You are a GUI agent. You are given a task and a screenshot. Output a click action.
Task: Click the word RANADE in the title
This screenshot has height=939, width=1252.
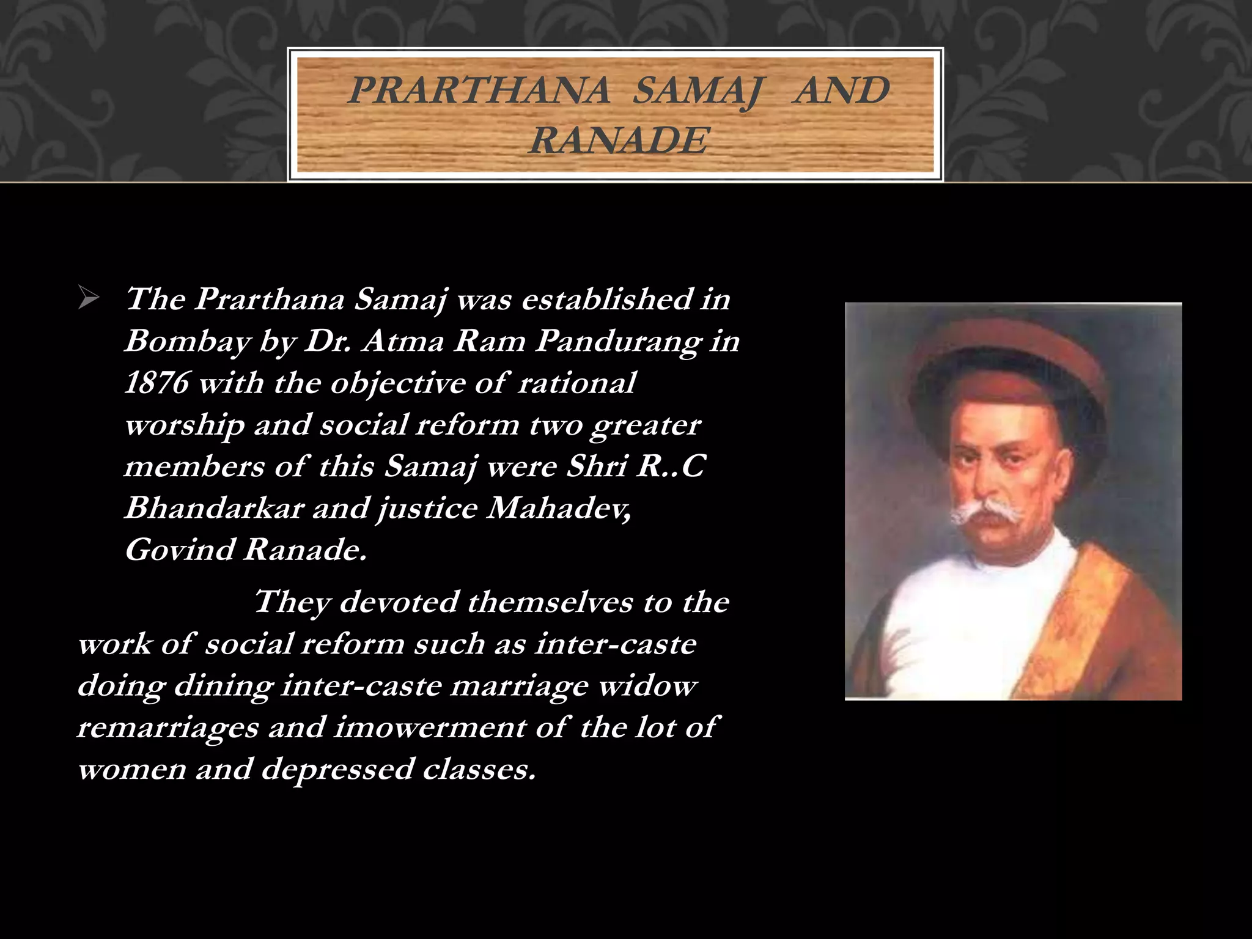tap(619, 141)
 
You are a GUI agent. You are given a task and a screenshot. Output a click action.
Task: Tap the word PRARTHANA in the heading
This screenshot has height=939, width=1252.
tap(479, 90)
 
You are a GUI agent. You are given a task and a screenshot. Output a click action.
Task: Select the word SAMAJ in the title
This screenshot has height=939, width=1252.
tap(697, 92)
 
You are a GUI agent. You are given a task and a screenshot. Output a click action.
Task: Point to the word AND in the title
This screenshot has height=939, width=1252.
tap(841, 90)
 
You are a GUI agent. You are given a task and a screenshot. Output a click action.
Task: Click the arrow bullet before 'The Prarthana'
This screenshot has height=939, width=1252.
tap(89, 300)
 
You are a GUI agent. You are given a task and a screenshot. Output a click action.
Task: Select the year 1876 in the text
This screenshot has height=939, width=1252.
tap(156, 383)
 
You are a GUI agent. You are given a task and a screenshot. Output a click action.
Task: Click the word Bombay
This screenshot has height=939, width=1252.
tap(187, 341)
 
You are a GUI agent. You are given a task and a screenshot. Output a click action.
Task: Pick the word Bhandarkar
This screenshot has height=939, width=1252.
tap(214, 508)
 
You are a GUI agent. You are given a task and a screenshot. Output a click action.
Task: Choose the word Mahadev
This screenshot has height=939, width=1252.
tap(558, 508)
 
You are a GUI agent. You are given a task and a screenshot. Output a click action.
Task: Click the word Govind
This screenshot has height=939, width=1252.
tap(180, 550)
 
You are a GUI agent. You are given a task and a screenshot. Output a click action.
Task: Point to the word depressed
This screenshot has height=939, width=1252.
tap(337, 769)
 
